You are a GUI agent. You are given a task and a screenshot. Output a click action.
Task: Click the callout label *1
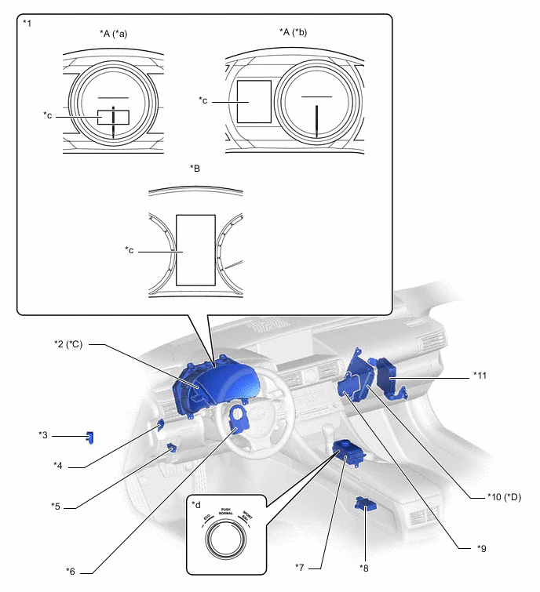coord(28,23)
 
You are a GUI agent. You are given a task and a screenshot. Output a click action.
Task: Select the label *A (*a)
coord(113,32)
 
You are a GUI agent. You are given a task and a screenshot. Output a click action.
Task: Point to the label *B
coord(195,168)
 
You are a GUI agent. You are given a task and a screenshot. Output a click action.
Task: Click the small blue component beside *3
coord(89,437)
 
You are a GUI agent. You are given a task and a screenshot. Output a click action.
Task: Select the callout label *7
coord(300,567)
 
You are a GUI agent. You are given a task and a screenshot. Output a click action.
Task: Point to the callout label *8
coord(363,567)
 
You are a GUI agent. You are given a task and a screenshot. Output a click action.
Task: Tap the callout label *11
coord(480,376)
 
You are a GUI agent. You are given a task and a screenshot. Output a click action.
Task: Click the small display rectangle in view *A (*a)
coord(112,117)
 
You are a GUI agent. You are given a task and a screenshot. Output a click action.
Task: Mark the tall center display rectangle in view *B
coord(195,249)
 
